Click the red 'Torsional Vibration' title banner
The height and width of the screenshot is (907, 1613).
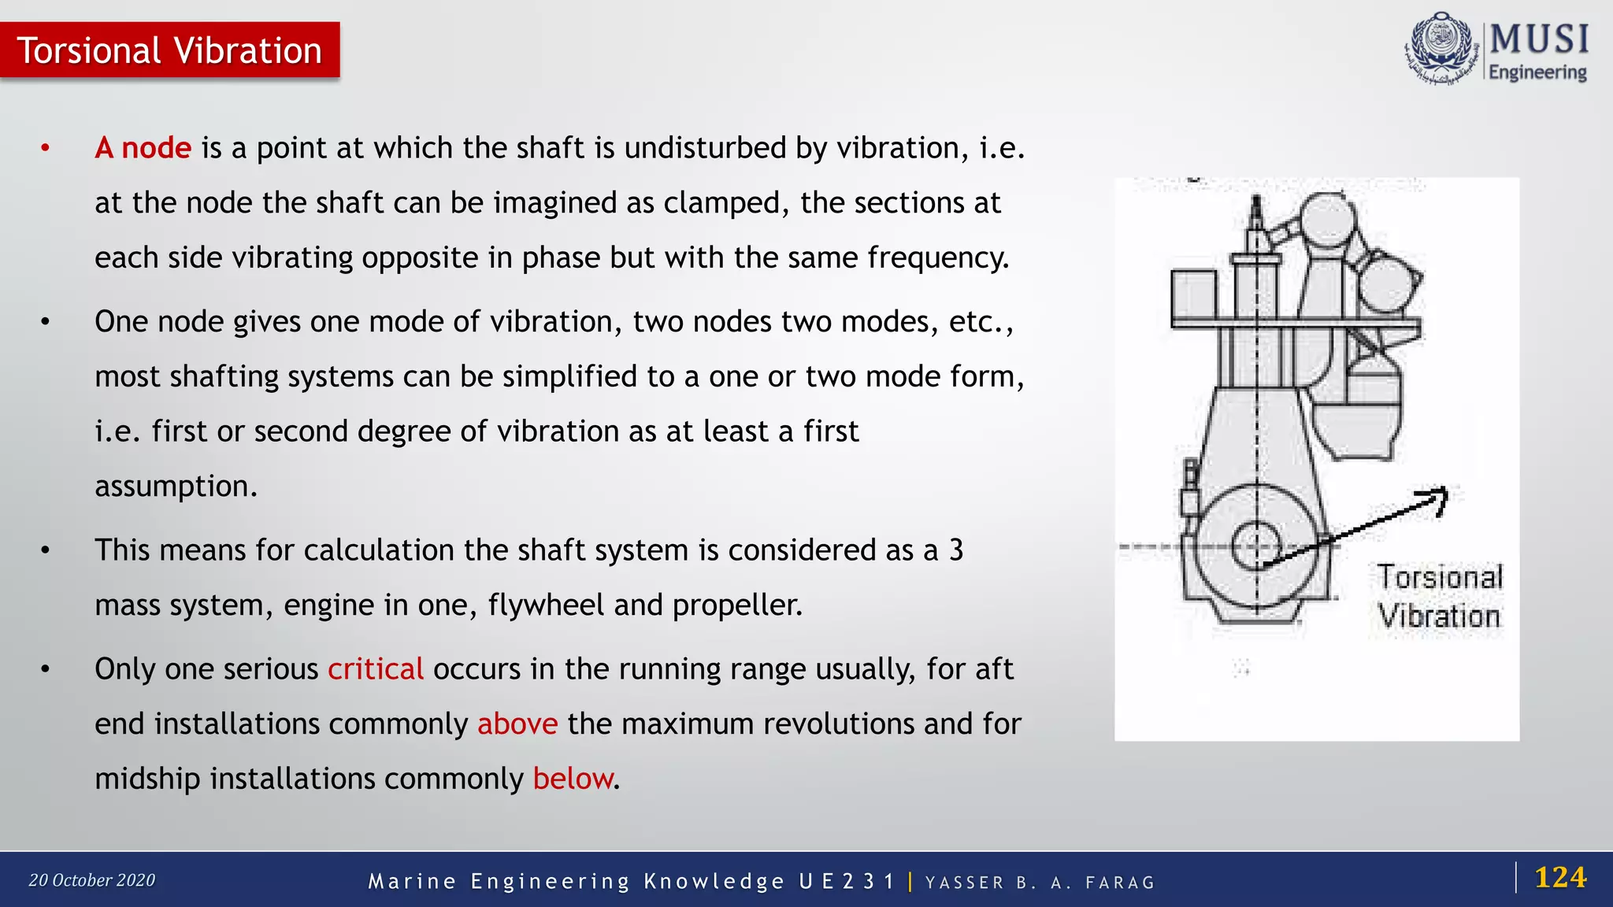[169, 50]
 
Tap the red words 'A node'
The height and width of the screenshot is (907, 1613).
[143, 148]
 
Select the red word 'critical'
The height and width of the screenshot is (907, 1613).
[376, 669]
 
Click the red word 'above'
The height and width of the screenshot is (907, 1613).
[517, 724]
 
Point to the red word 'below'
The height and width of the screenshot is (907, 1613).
[573, 779]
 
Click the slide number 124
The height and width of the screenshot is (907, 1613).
[1560, 877]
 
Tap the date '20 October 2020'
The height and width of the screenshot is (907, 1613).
[92, 880]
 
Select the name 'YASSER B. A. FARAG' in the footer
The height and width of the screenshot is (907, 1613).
[1040, 883]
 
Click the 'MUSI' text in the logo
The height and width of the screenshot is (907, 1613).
[1539, 39]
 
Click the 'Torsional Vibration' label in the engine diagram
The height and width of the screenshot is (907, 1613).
[1440, 597]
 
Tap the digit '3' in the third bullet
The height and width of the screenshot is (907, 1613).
[956, 550]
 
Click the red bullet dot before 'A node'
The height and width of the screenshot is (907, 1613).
[46, 148]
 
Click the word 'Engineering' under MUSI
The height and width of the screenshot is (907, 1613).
[1537, 72]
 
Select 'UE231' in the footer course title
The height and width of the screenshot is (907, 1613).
[847, 881]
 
